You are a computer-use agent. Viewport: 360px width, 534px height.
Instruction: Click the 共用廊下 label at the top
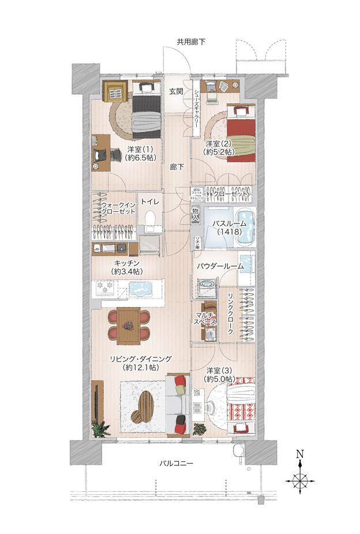(x=191, y=42)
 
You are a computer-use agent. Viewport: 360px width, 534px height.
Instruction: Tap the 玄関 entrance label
(x=177, y=91)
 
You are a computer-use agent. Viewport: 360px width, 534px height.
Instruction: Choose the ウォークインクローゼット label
(x=118, y=208)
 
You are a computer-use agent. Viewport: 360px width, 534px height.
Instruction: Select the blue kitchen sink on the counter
(x=139, y=289)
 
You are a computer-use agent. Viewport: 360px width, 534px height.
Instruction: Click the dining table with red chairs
(x=128, y=324)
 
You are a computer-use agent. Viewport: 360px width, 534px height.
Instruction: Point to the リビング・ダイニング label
(x=140, y=362)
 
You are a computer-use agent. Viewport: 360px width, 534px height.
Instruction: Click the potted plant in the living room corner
(x=101, y=429)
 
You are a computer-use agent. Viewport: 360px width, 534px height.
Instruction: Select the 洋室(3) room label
(x=219, y=375)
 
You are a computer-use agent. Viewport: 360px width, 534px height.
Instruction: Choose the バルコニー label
(x=177, y=464)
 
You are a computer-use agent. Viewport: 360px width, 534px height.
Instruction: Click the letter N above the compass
(x=299, y=454)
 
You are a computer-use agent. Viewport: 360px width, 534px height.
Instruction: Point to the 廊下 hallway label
(x=177, y=167)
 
